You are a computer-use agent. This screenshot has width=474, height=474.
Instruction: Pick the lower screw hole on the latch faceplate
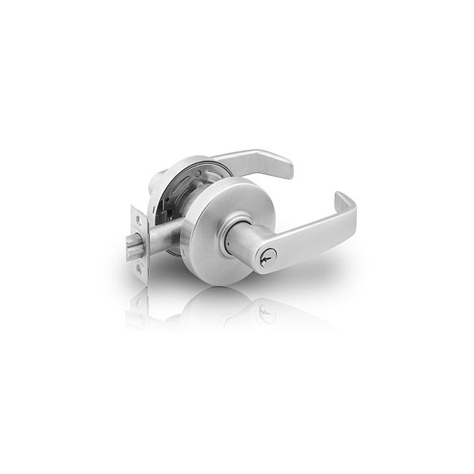click(x=141, y=268)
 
